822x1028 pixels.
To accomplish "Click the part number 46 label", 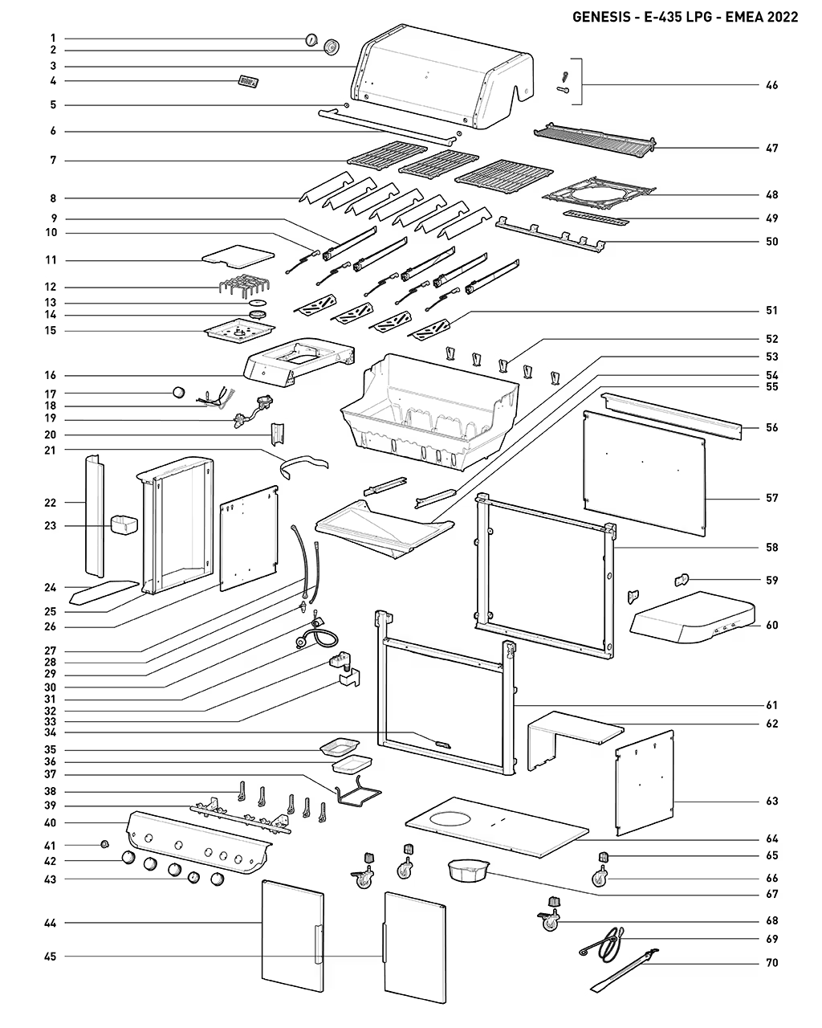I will tap(771, 85).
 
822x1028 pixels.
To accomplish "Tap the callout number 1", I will tap(53, 38).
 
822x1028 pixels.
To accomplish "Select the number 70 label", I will tap(771, 962).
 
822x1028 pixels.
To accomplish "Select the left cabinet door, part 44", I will tap(294, 940).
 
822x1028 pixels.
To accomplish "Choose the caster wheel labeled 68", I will tap(550, 920).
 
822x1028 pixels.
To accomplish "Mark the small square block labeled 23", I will tap(123, 526).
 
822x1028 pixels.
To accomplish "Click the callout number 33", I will tap(53, 720).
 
